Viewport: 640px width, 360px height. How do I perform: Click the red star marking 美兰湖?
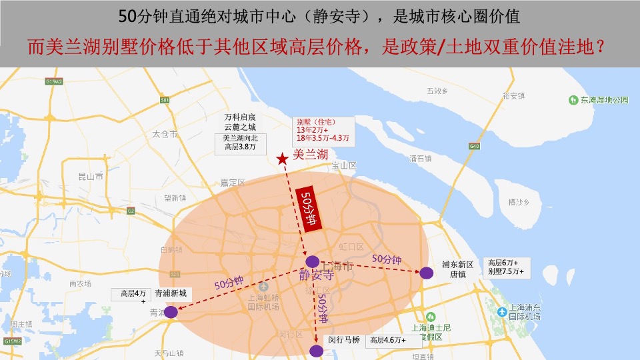pos(283,158)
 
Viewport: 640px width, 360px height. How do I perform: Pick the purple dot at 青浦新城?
pos(171,311)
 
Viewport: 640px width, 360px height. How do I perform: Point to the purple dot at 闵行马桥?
pos(316,350)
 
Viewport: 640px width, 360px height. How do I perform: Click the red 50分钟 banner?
pos(309,208)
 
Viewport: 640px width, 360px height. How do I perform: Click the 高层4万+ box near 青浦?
pos(133,295)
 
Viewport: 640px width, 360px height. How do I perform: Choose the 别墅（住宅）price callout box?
pos(323,130)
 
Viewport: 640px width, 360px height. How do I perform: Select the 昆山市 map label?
pos(91,177)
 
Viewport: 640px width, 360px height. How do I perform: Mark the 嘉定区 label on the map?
pos(233,182)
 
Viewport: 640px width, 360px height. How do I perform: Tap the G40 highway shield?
pos(474,146)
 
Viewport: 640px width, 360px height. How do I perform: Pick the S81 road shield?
pos(165,100)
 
